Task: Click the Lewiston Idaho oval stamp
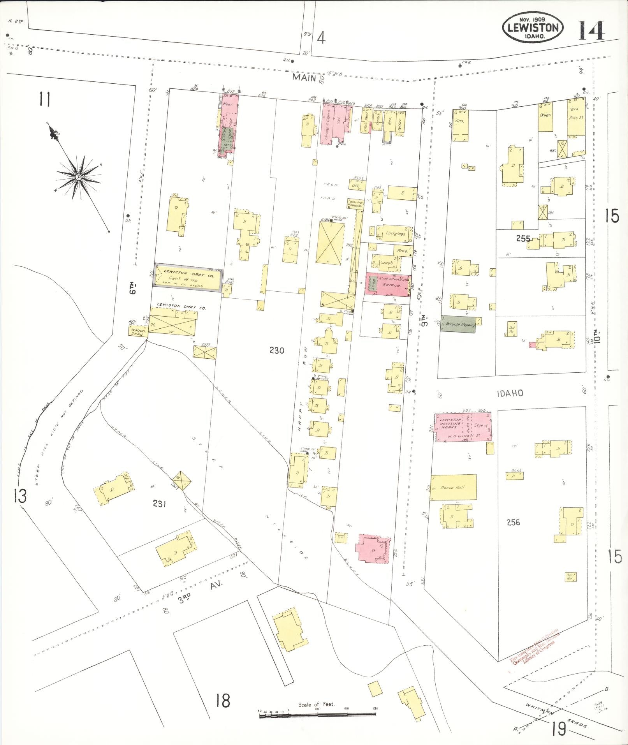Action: (533, 28)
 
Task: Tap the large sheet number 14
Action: (591, 30)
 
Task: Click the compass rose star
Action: (78, 177)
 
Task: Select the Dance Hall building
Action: (453, 487)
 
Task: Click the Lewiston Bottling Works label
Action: (450, 423)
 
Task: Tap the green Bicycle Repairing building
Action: (458, 324)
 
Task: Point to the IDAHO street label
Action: (510, 393)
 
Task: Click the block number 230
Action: (276, 350)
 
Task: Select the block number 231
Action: (159, 504)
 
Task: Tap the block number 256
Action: (513, 522)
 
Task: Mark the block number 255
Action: (523, 238)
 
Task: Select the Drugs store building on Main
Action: (545, 116)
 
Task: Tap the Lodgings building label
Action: (396, 234)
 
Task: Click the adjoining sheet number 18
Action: (223, 701)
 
